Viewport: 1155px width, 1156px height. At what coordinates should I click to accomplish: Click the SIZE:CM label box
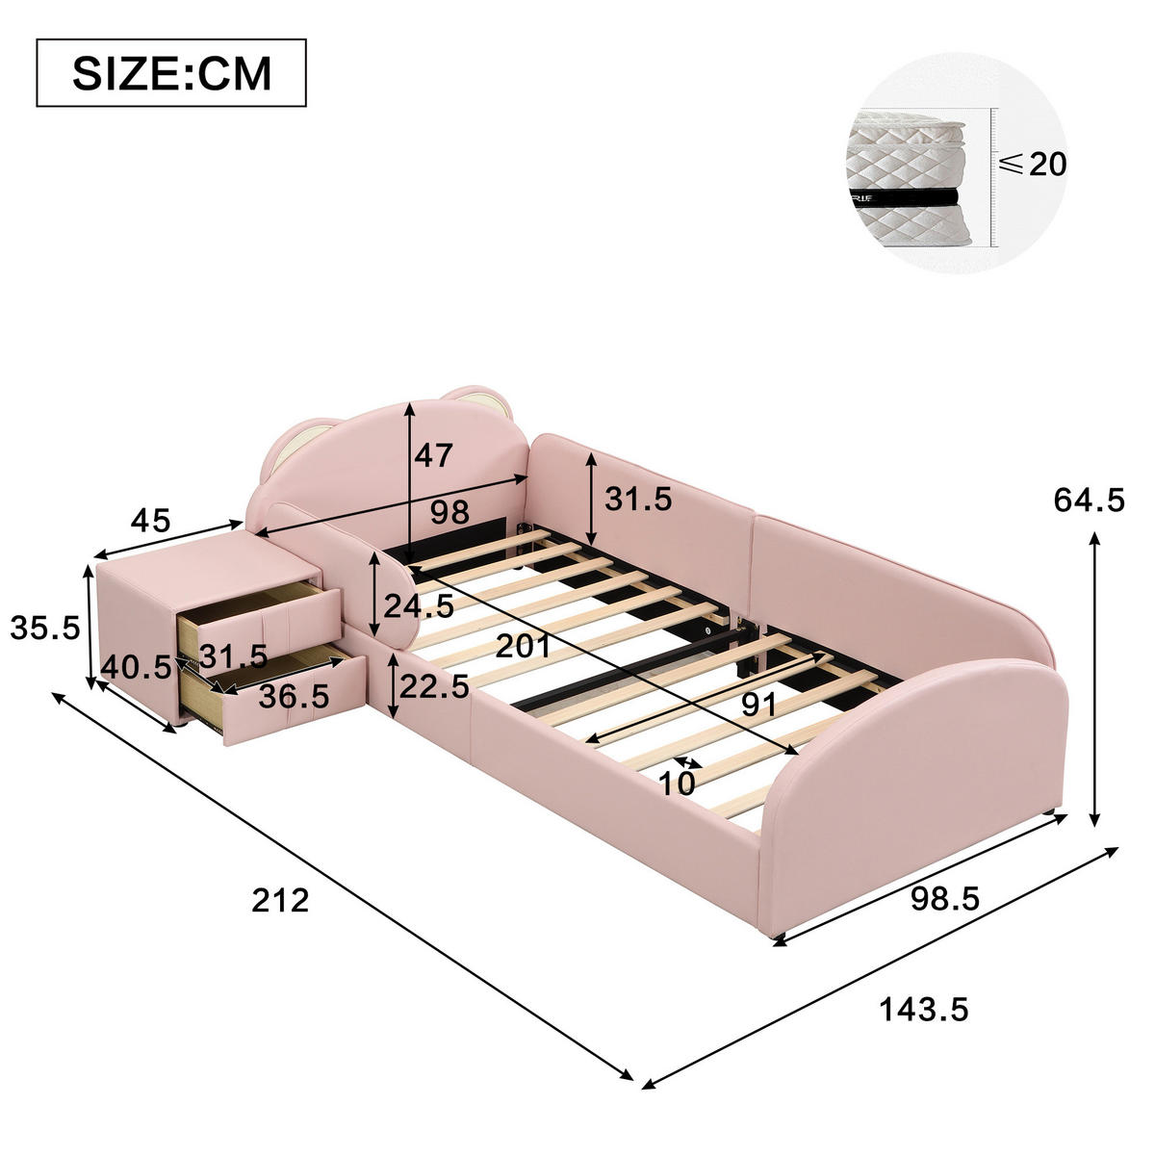tap(171, 73)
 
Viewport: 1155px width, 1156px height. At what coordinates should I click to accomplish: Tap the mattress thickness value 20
tap(1048, 164)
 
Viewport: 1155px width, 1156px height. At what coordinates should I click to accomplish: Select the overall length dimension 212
tap(280, 900)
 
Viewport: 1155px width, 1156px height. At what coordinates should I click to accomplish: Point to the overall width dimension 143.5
tap(924, 1010)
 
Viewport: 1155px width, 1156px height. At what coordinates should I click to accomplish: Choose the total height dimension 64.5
tap(1089, 500)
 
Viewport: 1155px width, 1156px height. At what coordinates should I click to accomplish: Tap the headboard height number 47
tap(433, 455)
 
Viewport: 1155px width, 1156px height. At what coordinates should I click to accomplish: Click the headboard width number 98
tap(450, 512)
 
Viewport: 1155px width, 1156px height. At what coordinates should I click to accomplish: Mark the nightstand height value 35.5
tap(45, 629)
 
